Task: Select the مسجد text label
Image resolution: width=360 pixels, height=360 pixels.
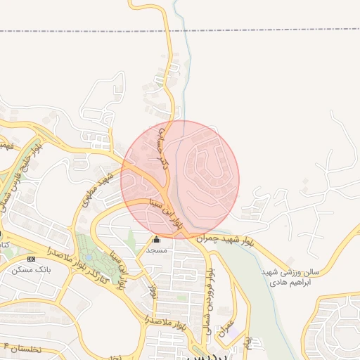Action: pos(156,250)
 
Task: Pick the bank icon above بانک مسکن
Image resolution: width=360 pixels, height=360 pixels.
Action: pos(31,259)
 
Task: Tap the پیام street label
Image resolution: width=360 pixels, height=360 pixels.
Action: pos(247,343)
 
